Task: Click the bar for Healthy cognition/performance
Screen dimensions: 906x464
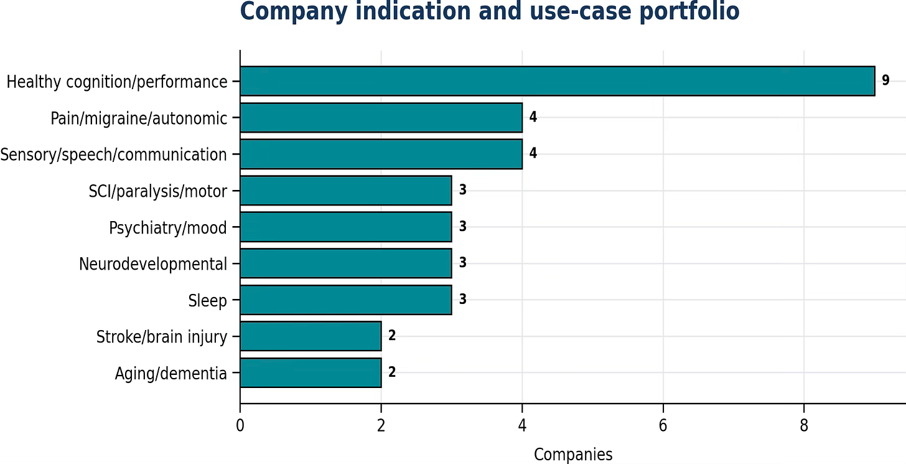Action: pos(558,81)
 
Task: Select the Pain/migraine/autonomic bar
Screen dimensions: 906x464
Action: pos(381,118)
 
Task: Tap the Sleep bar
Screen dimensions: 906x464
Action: pos(346,300)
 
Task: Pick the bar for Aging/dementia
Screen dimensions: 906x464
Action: pos(311,372)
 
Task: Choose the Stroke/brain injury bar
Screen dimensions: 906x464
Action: pos(311,336)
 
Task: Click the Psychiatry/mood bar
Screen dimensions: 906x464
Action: pos(346,227)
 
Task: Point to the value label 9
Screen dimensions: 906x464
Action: pos(886,80)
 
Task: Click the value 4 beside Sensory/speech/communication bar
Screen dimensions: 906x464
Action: pos(533,153)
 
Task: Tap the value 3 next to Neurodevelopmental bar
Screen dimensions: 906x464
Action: pos(463,262)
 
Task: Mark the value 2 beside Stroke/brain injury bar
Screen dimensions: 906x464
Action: pos(392,335)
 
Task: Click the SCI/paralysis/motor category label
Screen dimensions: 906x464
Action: pos(158,191)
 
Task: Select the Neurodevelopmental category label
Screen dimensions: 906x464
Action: pos(153,264)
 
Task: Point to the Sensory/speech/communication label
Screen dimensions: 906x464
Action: pos(114,154)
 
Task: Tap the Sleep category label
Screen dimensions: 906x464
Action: pos(207,300)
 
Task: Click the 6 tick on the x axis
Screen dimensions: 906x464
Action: pos(663,425)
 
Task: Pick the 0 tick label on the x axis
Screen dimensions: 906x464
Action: pos(240,425)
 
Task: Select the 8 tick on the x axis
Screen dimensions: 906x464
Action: pos(804,425)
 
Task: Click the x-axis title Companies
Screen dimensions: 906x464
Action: pos(573,455)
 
